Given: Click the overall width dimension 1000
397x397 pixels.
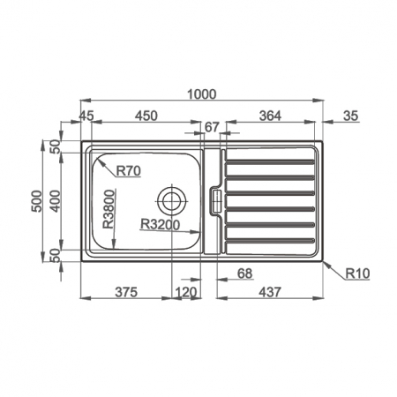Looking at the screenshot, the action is pyautogui.click(x=202, y=94).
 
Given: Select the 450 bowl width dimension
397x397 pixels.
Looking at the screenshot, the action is pyautogui.click(x=146, y=116).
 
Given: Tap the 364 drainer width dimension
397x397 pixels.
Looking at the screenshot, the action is pyautogui.click(x=270, y=116).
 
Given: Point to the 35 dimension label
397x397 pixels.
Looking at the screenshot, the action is pyautogui.click(x=351, y=116).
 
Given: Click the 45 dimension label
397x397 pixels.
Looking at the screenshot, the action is pyautogui.click(x=86, y=116).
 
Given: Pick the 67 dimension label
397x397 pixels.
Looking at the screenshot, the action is pyautogui.click(x=212, y=127).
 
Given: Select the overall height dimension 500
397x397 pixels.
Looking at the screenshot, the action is pyautogui.click(x=37, y=201).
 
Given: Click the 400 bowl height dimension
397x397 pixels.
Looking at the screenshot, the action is pyautogui.click(x=55, y=201).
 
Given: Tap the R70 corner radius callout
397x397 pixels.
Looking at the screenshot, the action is pyautogui.click(x=129, y=171).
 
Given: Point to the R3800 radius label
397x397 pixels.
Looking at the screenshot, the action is pyautogui.click(x=109, y=209).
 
